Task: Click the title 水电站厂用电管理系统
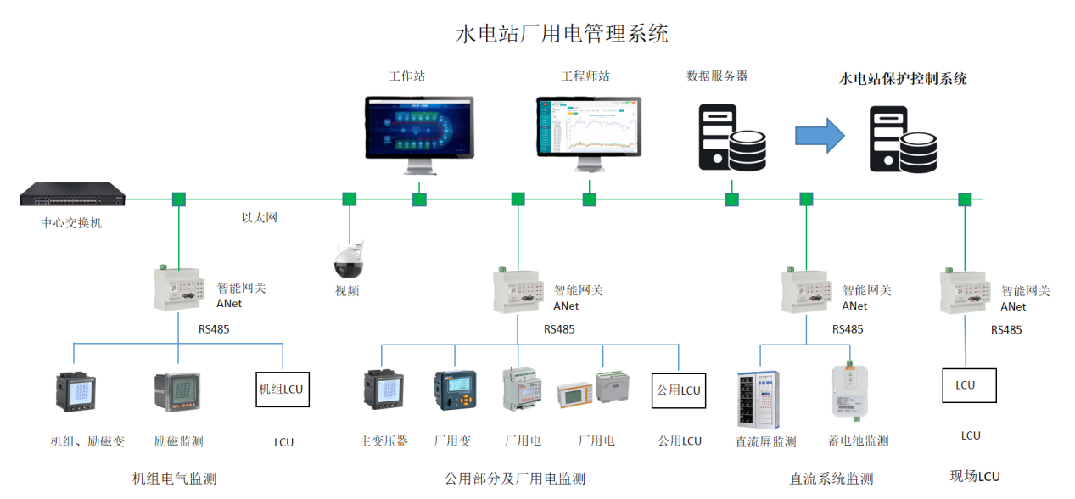point(562,34)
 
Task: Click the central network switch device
point(73,196)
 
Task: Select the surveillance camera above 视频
point(349,259)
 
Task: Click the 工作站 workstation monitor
point(419,127)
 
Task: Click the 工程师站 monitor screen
point(589,127)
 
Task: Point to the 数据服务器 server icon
point(731,137)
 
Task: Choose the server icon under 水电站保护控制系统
point(903,140)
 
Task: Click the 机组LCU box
point(282,390)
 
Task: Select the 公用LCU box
point(679,390)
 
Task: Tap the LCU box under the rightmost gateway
point(968,384)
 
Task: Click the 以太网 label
point(260,218)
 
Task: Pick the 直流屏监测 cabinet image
point(758,399)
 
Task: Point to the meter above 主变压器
point(384,397)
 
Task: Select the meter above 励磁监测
point(177,394)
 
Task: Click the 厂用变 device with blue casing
point(456,395)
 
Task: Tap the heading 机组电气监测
point(175,479)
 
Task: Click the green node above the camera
point(349,199)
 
